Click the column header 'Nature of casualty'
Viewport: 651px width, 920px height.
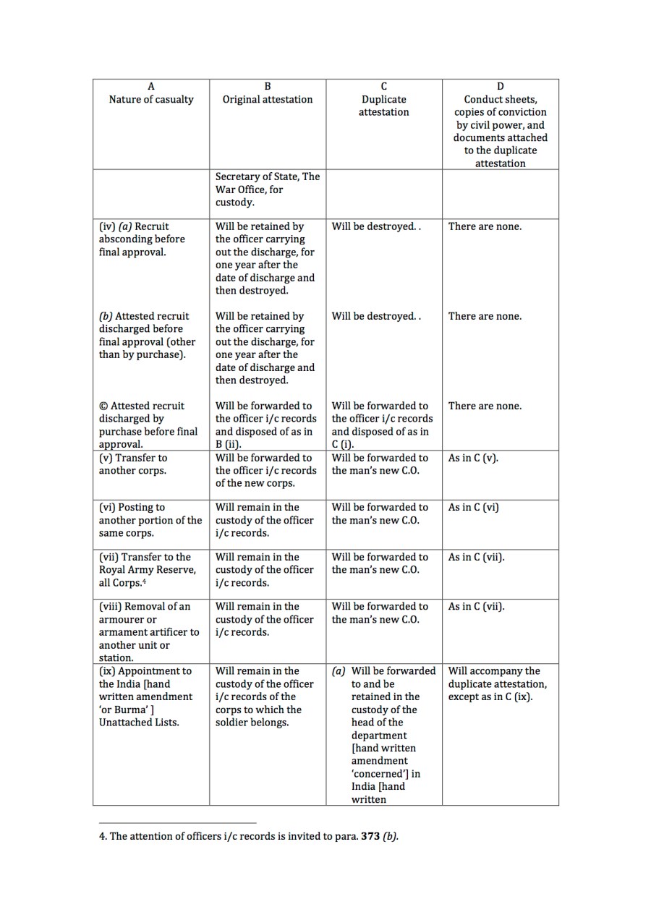coord(151,99)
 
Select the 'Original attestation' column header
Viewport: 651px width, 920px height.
coord(268,99)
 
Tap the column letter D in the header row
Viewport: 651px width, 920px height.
coord(501,86)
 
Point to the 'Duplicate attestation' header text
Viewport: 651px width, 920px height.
coord(383,106)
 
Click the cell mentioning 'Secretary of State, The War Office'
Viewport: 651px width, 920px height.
coord(267,189)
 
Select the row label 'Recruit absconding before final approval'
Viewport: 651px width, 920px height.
coord(142,239)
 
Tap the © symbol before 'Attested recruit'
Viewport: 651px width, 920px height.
coord(103,406)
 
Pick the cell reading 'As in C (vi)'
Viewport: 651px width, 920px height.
coord(473,507)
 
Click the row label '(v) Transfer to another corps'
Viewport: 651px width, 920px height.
coord(133,464)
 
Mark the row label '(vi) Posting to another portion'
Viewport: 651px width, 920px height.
coord(150,520)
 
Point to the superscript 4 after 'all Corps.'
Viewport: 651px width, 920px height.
coord(145,581)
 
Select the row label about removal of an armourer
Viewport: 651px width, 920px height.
coord(148,631)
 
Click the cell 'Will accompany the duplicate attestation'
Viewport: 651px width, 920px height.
coord(497,683)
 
